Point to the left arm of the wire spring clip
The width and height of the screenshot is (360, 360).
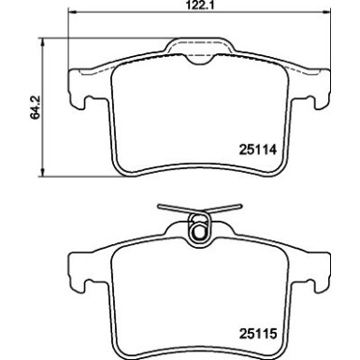click(x=173, y=210)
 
